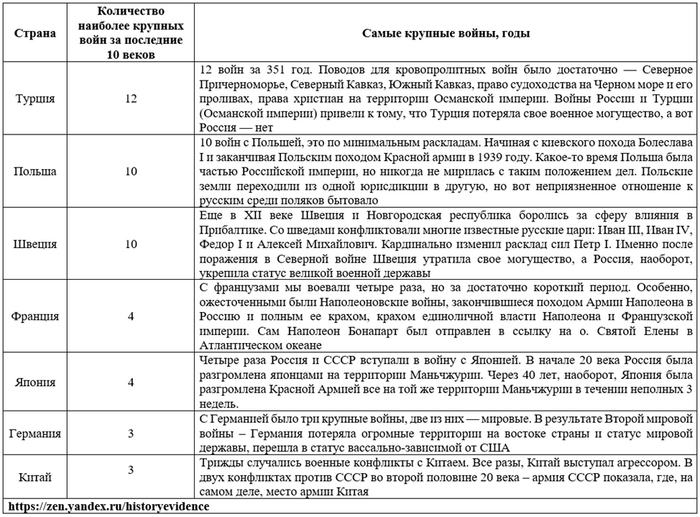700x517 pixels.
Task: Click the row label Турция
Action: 35,100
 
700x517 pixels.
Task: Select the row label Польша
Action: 35,172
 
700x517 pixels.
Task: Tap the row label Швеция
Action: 35,244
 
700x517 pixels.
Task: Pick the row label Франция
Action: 35,316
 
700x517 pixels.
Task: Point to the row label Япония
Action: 35,381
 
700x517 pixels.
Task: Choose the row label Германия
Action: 35,434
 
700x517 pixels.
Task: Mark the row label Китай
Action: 35,478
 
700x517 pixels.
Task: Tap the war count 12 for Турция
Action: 131,100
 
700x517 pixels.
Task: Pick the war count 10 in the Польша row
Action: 131,172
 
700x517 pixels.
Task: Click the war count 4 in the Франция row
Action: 131,316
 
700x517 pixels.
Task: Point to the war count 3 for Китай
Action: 131,470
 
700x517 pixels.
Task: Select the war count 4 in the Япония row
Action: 131,381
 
